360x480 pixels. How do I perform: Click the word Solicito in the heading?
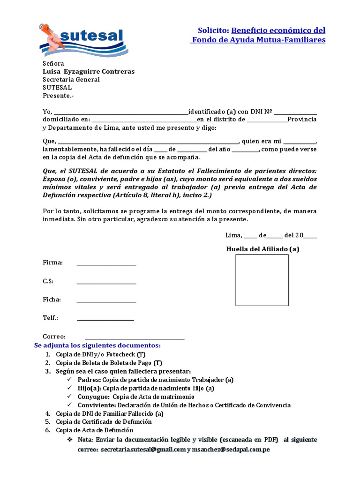[x=213, y=30]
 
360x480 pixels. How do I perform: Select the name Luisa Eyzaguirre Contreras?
[x=89, y=71]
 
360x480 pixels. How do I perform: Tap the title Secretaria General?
[x=71, y=79]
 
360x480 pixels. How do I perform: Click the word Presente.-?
[x=58, y=95]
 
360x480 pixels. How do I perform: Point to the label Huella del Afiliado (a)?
[x=262, y=249]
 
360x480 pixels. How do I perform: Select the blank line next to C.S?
[x=106, y=282]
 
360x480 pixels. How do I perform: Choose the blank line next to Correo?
[x=135, y=337]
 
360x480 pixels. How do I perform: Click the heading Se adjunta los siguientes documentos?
[x=97, y=345]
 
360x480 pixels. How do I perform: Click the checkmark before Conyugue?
[x=69, y=397]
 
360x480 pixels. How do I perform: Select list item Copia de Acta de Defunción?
[x=95, y=430]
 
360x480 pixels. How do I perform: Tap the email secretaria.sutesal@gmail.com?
[x=143, y=449]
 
